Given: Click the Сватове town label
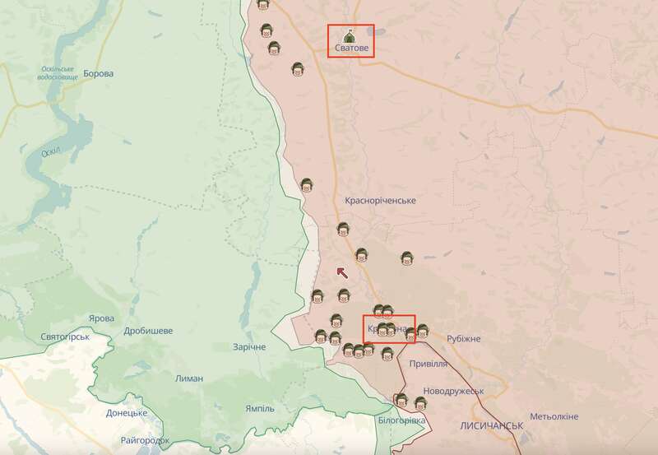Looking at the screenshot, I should [x=350, y=49].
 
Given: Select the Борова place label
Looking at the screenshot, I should [x=98, y=73].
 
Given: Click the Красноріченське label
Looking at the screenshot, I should [x=380, y=201].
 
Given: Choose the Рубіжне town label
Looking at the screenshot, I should [x=463, y=339].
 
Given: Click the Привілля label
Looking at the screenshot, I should [x=429, y=363].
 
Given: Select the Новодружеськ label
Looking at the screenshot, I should [x=453, y=391].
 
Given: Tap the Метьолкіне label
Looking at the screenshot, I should [x=554, y=416].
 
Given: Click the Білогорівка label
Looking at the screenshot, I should [x=402, y=420].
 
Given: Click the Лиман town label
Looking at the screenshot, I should [x=189, y=378].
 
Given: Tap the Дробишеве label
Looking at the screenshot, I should [x=148, y=331].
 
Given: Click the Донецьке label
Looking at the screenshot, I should [x=126, y=412].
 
